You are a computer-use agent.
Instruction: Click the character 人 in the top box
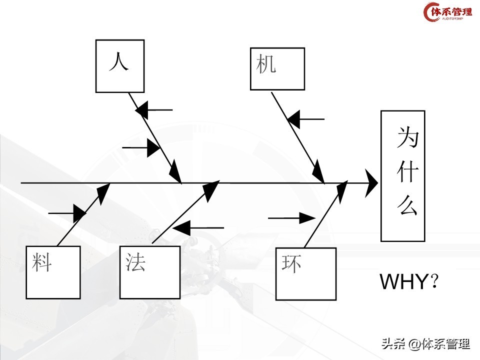pos(119,62)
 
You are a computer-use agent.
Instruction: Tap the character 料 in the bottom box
pos(42,261)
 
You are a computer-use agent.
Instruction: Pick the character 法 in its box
pos(135,261)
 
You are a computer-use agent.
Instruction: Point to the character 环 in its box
pos(291,263)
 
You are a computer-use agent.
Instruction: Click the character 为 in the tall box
pos(407,137)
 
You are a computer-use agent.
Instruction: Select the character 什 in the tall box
pos(407,172)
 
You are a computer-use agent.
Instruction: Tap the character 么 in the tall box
pos(407,205)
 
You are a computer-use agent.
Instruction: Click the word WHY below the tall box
pos(405,282)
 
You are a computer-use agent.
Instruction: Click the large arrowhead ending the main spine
pos(371,183)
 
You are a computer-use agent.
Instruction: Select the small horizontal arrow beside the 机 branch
pos(306,119)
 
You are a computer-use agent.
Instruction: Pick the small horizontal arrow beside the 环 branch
pos(291,218)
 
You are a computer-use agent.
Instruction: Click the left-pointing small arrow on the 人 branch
pos(154,109)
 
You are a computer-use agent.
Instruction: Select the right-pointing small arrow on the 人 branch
pos(141,148)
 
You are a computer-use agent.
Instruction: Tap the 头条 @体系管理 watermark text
pos(425,344)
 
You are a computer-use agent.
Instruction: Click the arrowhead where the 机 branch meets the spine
pos(318,175)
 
